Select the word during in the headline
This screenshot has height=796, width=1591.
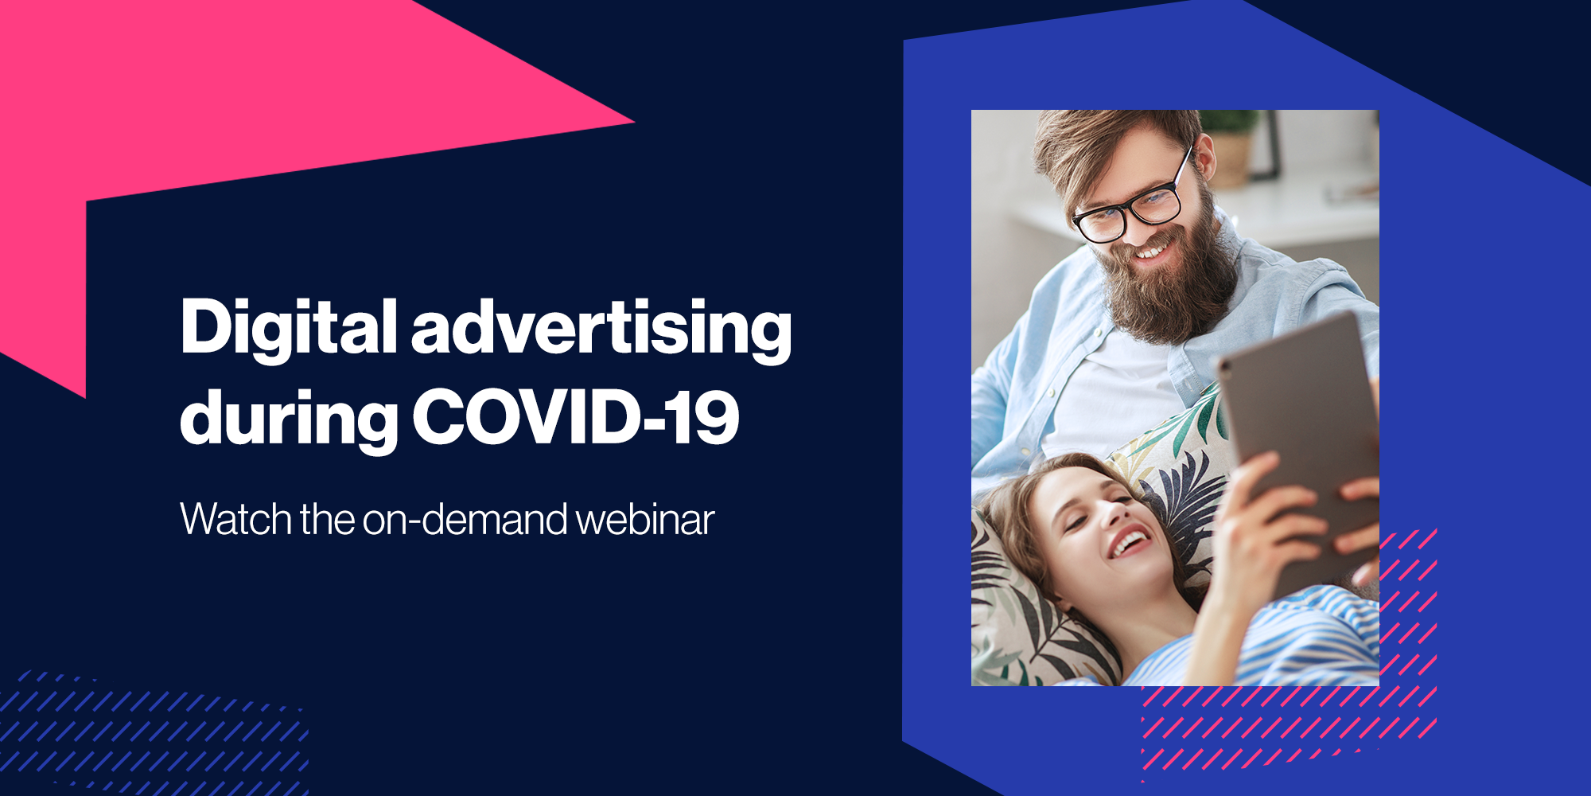(x=289, y=419)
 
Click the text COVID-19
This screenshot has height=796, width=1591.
(x=576, y=416)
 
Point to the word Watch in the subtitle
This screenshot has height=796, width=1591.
(x=236, y=519)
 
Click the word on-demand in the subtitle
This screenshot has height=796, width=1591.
(x=465, y=519)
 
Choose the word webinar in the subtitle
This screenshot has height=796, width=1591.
(x=645, y=519)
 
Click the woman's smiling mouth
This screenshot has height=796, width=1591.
(x=1130, y=544)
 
